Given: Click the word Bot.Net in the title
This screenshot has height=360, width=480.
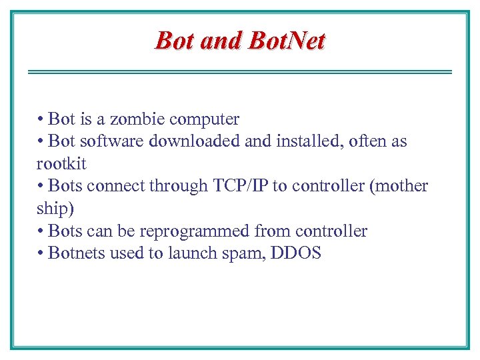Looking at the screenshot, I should coord(287,41).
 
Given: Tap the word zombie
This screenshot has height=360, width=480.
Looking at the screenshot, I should coord(137,119).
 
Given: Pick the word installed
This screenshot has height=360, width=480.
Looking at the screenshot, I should coord(290,141).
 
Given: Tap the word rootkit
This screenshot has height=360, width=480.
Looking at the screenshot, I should coord(61,163).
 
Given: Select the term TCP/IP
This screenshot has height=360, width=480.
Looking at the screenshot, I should coord(241,186).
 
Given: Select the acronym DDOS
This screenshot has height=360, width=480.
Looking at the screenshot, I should coord(296,253).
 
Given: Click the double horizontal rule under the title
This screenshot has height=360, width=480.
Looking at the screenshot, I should coord(240,71).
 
